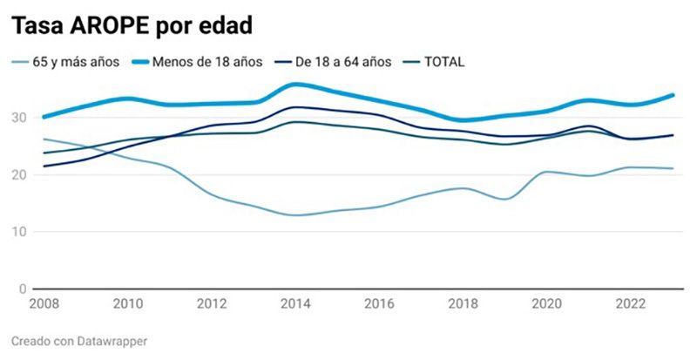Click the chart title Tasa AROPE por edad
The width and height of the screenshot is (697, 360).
tap(132, 26)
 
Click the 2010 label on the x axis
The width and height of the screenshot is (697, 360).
tap(128, 304)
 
